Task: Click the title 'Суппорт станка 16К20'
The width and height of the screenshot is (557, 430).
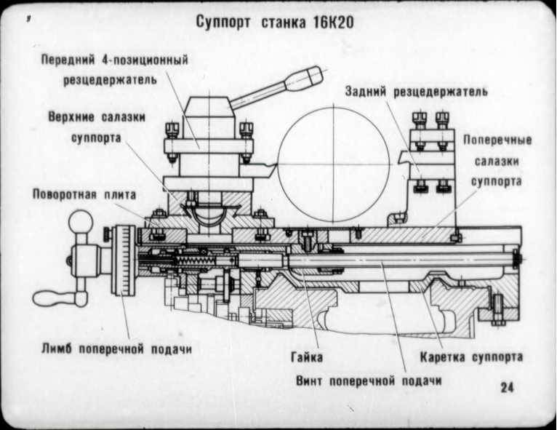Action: click(275, 23)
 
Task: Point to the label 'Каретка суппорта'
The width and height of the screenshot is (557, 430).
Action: click(471, 357)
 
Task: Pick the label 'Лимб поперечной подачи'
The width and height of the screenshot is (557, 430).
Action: click(116, 349)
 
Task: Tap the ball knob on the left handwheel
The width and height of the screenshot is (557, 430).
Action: click(81, 221)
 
